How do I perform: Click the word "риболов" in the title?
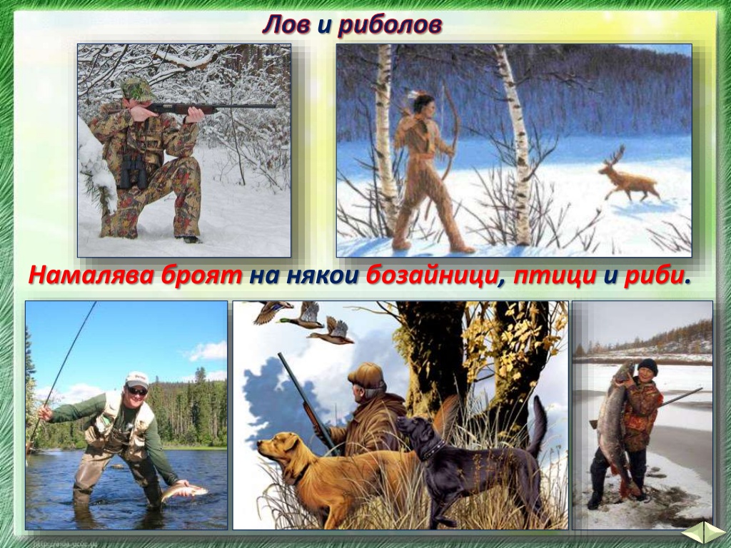coord(389,25)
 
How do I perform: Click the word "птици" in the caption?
coord(555,276)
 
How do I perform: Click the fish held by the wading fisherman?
coord(185,492)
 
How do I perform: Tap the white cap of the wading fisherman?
coord(136,380)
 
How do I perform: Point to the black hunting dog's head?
coord(418,433)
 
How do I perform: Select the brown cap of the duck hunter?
coord(367,375)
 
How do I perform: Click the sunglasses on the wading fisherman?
coord(137,391)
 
